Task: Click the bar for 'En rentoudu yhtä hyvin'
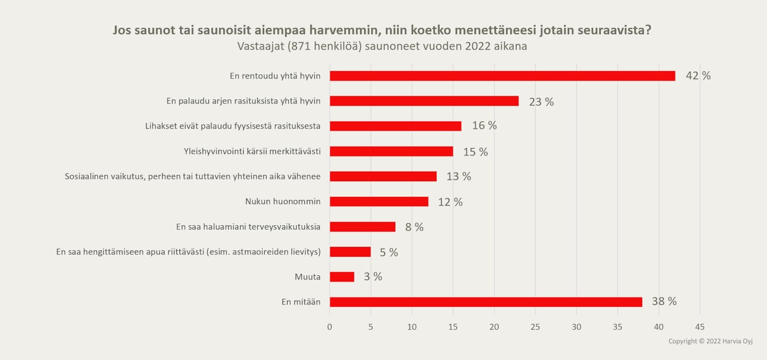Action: coord(502,76)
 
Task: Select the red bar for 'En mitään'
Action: coord(486,302)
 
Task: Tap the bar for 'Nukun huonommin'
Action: coord(379,202)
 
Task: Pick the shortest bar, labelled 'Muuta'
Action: coord(342,276)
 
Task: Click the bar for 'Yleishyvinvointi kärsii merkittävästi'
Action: coord(391,151)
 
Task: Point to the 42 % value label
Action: coord(698,76)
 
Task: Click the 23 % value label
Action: coord(541,102)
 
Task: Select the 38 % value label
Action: coord(664,302)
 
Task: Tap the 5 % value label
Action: coord(389,252)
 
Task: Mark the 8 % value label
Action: coord(414,227)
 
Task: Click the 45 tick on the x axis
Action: coord(700,327)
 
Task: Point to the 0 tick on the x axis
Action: coord(330,327)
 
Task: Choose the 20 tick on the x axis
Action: coord(494,327)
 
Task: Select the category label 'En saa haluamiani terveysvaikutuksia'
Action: coord(248,227)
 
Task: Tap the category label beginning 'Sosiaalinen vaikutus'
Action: coord(192,176)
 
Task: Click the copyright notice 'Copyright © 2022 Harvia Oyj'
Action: coord(710,341)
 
